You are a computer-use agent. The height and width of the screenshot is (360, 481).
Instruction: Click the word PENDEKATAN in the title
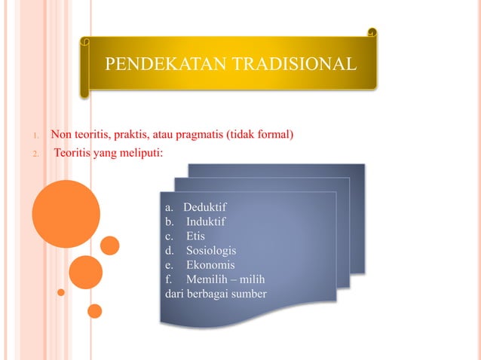pyautogui.click(x=155, y=63)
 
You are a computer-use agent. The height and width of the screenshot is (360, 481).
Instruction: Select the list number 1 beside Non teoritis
pyautogui.click(x=35, y=137)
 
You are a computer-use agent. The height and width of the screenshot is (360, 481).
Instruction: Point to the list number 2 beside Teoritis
pyautogui.click(x=35, y=156)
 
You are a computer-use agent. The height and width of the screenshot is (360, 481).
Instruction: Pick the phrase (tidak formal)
pyautogui.click(x=259, y=136)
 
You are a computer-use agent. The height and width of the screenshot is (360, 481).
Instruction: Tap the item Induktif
pyautogui.click(x=205, y=221)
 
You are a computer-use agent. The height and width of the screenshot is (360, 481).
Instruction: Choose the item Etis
pyautogui.click(x=195, y=236)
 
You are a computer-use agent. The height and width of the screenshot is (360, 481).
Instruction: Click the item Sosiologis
pyautogui.click(x=210, y=250)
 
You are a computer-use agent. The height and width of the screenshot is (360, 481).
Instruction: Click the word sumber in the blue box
pyautogui.click(x=249, y=293)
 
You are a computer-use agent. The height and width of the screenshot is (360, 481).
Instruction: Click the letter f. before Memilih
pyautogui.click(x=168, y=279)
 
